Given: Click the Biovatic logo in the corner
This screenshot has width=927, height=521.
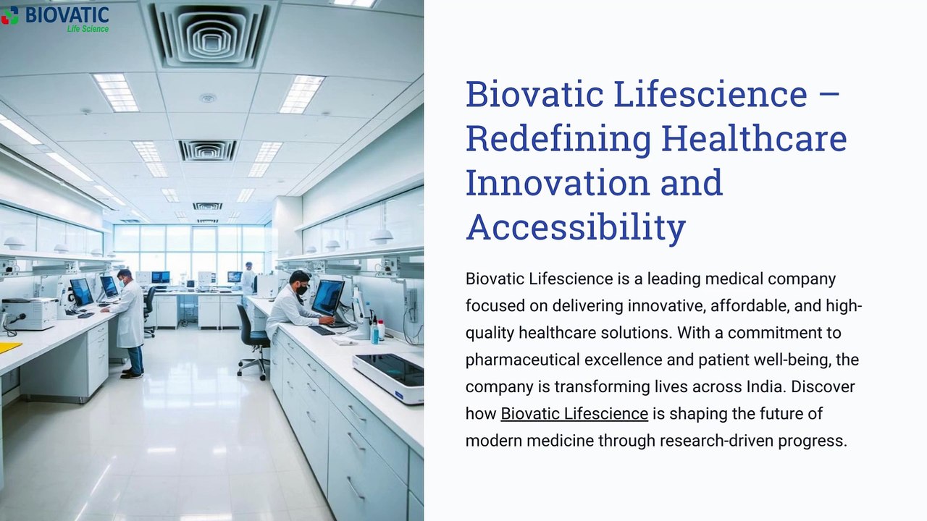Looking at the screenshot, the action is (x=55, y=19).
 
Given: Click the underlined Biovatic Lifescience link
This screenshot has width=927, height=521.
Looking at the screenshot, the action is (x=574, y=413).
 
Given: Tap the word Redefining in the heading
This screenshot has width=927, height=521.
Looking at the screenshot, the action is (x=558, y=140).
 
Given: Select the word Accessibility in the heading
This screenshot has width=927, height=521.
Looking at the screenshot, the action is (x=576, y=227).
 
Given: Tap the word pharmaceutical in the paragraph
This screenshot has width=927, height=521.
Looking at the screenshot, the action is (x=522, y=360).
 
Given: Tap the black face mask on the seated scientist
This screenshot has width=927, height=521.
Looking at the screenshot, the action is (x=302, y=290).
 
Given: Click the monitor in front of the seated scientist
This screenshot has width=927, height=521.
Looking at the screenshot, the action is (x=328, y=297).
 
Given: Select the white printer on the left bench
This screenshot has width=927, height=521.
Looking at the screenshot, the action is (x=29, y=313).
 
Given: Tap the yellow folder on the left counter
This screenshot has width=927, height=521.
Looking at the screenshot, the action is (x=8, y=347).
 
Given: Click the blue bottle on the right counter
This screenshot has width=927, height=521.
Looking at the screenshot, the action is (x=374, y=333).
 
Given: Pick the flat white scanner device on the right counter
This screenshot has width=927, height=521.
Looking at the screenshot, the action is (x=388, y=377).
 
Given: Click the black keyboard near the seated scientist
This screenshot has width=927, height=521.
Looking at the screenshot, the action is (x=322, y=331).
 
